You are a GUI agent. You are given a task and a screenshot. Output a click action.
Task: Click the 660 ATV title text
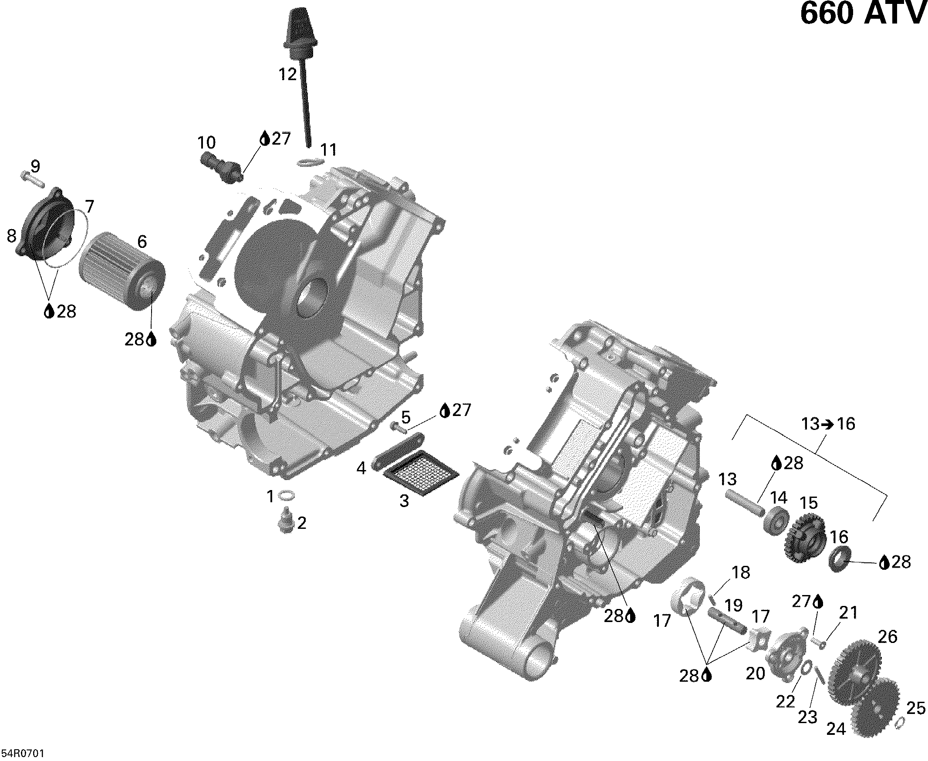click(863, 14)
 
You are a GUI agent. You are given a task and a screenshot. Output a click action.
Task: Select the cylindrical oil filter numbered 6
click(123, 271)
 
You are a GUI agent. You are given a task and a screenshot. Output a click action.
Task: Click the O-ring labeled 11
click(310, 162)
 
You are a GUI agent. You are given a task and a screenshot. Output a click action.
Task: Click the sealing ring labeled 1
click(287, 496)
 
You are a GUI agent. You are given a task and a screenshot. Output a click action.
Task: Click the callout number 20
click(756, 674)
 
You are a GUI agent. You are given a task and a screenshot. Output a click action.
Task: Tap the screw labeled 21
click(817, 643)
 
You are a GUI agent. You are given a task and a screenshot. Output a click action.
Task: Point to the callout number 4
click(361, 468)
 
